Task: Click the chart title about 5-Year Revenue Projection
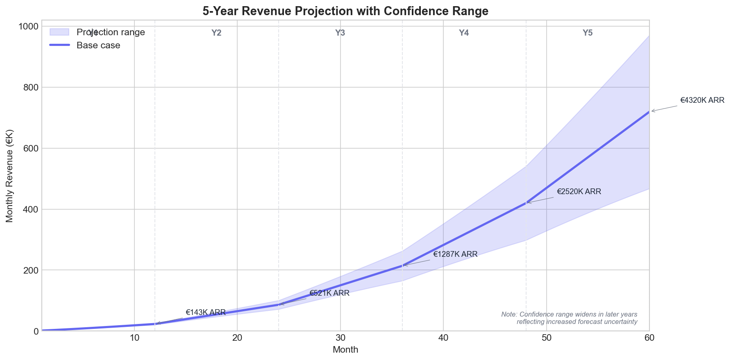345,11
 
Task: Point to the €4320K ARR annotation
702,100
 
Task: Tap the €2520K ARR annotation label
579,192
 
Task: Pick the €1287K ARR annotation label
455,254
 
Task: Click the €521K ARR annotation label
329,293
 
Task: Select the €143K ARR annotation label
206,312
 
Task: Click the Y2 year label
216,33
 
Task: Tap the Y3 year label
340,33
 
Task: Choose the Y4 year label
464,33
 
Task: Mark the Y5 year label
588,33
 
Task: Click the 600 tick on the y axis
32,148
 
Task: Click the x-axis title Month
345,350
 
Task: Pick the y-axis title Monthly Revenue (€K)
10,176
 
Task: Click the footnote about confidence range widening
569,318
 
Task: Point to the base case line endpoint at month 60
649,111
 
